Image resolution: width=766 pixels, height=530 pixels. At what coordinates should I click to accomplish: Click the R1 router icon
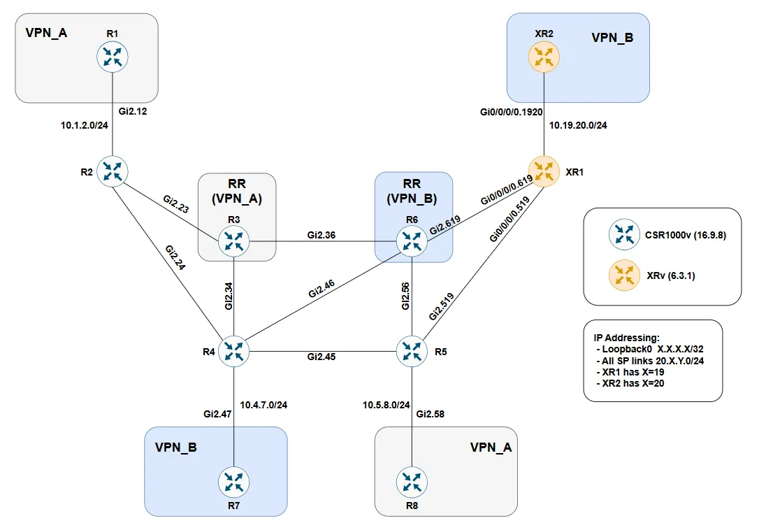coord(113,57)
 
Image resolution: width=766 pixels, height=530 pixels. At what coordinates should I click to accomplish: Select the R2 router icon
coord(113,171)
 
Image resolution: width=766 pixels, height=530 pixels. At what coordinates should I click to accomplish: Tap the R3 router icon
coord(233,242)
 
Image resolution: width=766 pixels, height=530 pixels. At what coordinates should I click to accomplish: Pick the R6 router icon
coord(412,242)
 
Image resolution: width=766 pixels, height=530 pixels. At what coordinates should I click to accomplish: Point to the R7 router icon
coord(233,482)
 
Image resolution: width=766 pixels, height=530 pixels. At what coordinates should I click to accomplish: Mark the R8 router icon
coord(412,482)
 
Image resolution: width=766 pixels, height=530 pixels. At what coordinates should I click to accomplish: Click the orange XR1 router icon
coord(544,171)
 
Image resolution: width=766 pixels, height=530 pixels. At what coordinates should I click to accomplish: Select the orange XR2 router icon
coord(544,57)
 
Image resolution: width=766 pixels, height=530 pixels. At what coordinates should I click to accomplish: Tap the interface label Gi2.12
coord(134,110)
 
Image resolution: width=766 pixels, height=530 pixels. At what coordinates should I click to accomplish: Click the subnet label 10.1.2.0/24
coord(85,127)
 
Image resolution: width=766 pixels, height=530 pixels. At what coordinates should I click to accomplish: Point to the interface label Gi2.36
coord(321,235)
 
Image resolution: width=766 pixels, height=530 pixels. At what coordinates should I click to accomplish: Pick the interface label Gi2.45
coord(321,357)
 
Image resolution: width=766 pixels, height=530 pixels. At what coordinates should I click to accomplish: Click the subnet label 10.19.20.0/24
coord(578,127)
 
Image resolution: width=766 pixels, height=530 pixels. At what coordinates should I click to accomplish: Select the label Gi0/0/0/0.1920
coord(511,110)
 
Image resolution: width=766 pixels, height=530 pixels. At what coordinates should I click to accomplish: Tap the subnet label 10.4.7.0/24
coord(263,404)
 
